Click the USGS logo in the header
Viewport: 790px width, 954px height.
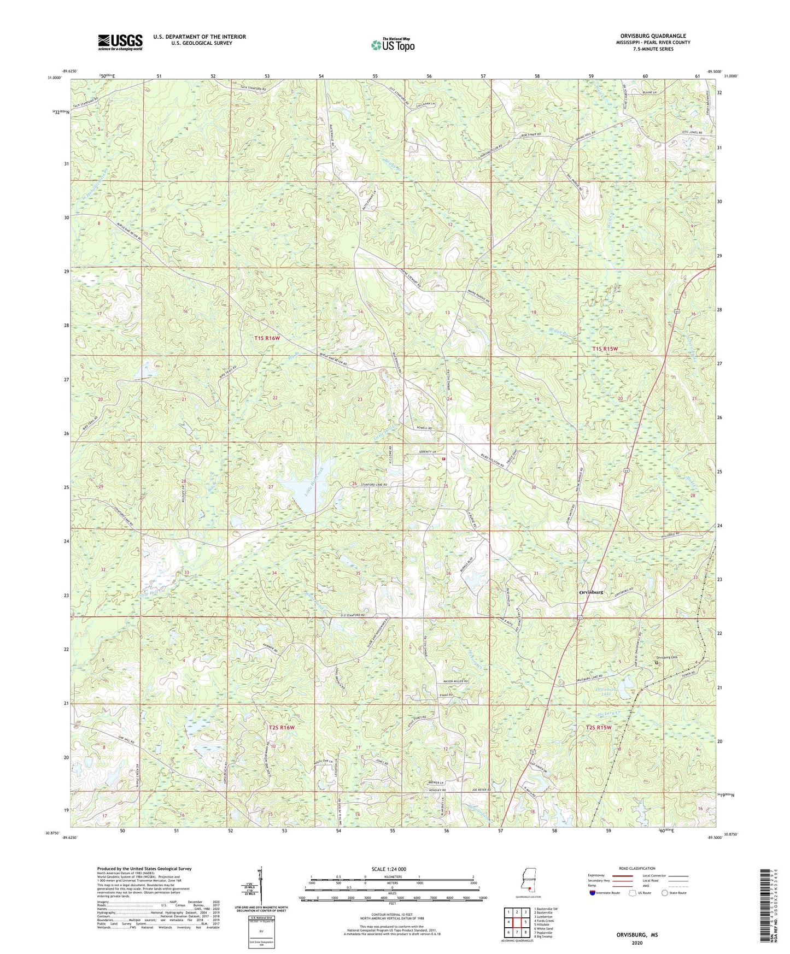coord(120,42)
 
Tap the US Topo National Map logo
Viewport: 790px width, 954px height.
coord(393,45)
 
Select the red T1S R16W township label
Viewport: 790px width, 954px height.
coord(267,338)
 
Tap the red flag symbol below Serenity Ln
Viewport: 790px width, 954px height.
coord(443,459)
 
